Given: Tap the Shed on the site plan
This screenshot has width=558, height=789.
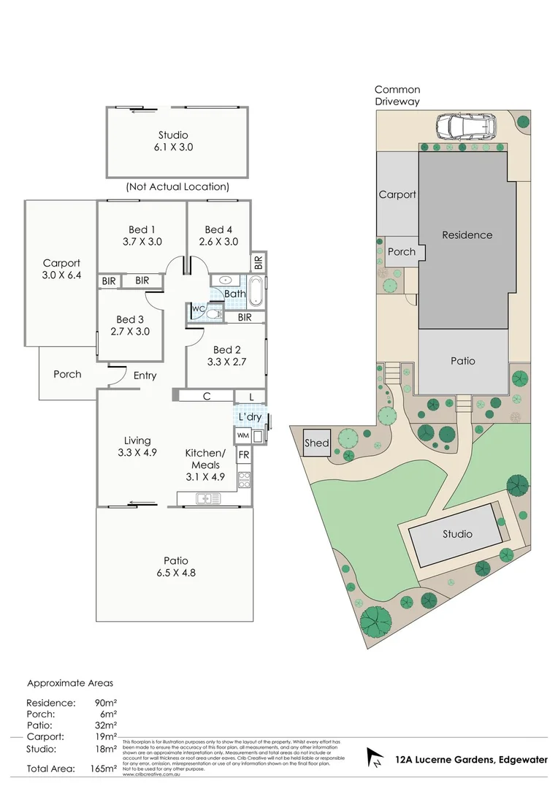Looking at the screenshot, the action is (x=317, y=443).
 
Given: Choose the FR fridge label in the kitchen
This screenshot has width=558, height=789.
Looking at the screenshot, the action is (x=243, y=454).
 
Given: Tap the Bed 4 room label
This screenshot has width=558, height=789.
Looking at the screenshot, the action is (x=218, y=229).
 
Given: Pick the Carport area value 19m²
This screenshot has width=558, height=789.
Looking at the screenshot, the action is (x=107, y=736).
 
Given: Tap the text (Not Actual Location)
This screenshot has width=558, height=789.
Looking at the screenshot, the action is (x=177, y=187).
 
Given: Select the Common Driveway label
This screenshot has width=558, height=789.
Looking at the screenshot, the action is (x=397, y=96).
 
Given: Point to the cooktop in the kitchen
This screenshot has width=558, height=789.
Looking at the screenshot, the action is (x=245, y=479).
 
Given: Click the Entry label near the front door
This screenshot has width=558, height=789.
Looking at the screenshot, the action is (x=145, y=376).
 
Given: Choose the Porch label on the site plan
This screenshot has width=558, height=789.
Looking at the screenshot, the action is (x=401, y=252).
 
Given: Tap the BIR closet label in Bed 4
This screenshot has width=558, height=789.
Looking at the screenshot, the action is (x=258, y=261).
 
